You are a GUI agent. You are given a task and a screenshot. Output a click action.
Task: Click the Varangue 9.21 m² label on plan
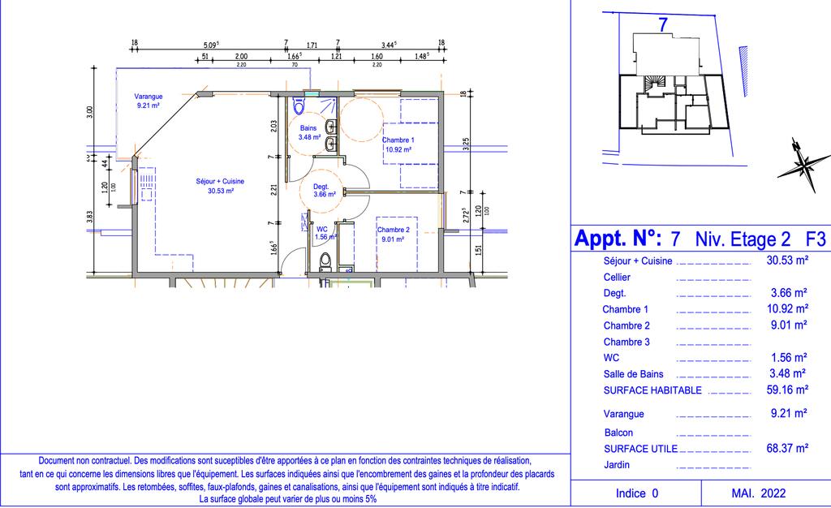[x=149, y=101]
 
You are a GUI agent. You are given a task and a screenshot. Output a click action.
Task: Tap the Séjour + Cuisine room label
[x=220, y=186]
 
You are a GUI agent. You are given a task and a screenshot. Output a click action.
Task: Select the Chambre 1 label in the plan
[x=398, y=144]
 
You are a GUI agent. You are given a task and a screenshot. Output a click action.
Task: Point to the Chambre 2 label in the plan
[x=394, y=235]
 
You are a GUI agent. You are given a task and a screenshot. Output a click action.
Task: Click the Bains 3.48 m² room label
[x=309, y=132]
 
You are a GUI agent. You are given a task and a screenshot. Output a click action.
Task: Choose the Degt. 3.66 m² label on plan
[x=324, y=191]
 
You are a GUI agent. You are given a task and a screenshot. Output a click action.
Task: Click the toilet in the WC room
[x=325, y=262]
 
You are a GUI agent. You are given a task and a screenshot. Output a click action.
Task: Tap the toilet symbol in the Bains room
[x=299, y=105]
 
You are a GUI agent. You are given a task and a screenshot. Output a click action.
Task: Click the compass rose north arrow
[x=804, y=165]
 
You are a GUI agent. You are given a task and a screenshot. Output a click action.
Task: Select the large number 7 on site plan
[x=662, y=25]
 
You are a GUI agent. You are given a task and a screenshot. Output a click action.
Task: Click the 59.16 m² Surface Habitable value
[x=787, y=390]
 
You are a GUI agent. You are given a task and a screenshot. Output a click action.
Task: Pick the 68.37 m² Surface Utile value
[x=787, y=448]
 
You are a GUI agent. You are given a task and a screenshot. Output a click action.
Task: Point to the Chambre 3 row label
[x=626, y=342]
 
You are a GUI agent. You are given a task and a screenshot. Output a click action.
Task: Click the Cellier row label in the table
[x=617, y=277]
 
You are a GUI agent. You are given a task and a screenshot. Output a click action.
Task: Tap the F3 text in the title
[x=816, y=239]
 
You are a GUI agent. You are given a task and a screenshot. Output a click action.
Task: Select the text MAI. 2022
[x=759, y=493]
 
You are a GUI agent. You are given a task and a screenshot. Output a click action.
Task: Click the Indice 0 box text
[x=637, y=493]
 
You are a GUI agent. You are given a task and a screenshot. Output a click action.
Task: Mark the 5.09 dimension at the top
[x=211, y=45]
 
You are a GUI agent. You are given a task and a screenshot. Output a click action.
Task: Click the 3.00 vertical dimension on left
[x=89, y=112]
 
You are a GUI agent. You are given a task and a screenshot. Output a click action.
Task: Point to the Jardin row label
[x=617, y=464]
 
